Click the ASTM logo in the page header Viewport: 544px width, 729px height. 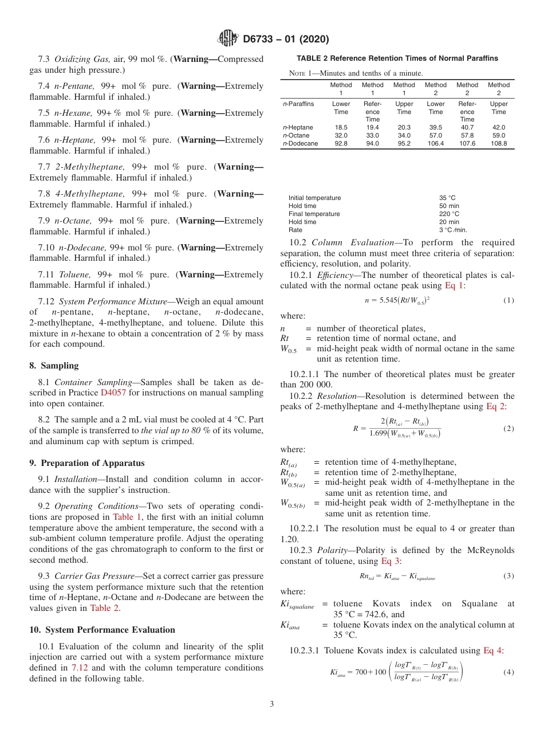click(228, 39)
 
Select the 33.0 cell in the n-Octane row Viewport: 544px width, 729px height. click(372, 135)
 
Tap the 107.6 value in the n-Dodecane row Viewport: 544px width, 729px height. click(467, 143)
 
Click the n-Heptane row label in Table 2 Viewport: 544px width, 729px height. click(298, 127)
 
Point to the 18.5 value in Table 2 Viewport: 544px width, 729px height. click(341, 127)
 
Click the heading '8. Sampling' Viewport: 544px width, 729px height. click(54, 366)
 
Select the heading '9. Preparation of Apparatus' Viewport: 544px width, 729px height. click(87, 463)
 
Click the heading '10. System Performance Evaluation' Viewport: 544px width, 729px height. click(102, 630)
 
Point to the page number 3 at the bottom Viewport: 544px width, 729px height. click(272, 704)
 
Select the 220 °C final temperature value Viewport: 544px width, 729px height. click(449, 214)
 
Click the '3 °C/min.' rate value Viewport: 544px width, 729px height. click(453, 230)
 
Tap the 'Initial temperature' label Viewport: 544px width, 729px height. click(314, 198)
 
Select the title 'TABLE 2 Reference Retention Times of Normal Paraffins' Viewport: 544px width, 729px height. click(397, 58)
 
